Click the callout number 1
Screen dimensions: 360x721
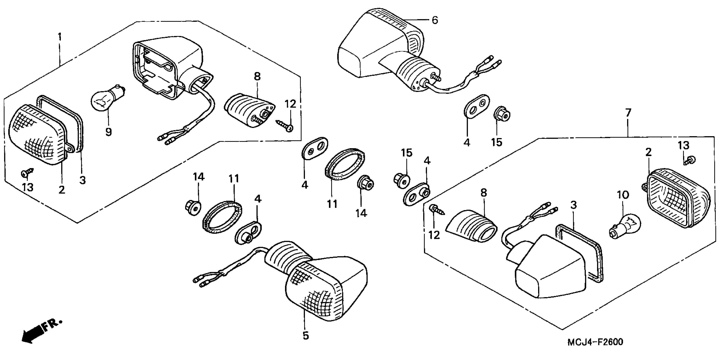point(60,37)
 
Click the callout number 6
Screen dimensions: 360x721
point(435,20)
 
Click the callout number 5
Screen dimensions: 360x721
point(306,335)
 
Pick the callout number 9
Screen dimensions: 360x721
point(109,132)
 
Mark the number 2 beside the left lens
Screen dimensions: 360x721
point(62,190)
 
